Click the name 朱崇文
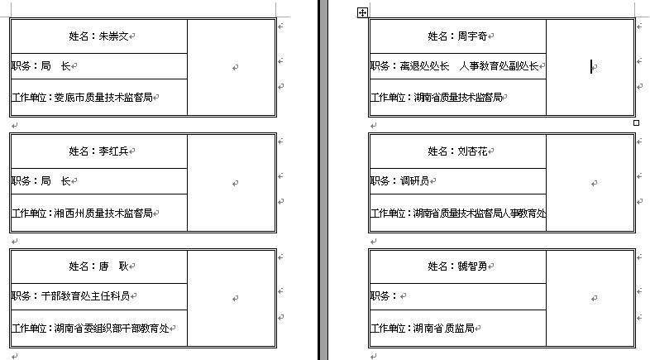[114, 36]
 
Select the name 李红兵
[114, 151]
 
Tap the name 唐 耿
[114, 266]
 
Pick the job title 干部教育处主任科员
[85, 295]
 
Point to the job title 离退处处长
[424, 66]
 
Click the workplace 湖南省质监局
[443, 328]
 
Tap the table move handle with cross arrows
[361, 12]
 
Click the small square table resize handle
[636, 122]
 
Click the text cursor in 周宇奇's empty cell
[591, 67]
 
